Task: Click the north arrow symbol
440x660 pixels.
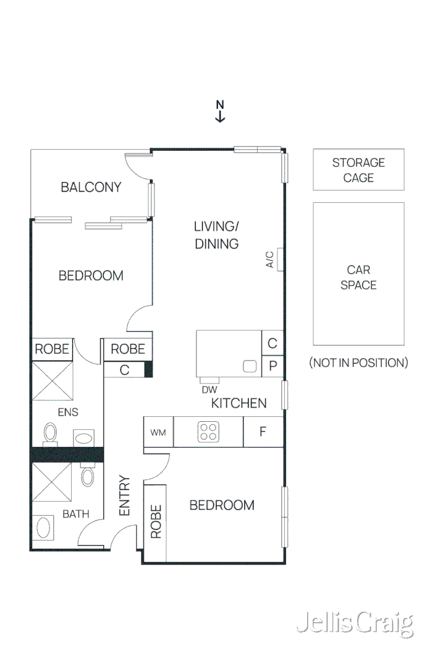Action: coord(220,111)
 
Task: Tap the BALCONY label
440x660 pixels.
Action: coord(91,187)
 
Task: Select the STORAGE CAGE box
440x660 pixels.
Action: coord(358,169)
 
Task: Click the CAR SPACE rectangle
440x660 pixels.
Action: coord(358,274)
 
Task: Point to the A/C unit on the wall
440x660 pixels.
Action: coord(280,259)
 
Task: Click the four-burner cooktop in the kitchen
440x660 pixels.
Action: coord(208,432)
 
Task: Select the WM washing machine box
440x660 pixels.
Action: coord(158,432)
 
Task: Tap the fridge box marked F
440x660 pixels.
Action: coord(263,432)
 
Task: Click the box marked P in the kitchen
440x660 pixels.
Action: coord(273,366)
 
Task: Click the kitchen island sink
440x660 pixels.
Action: coord(250,366)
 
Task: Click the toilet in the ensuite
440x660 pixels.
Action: coord(50,432)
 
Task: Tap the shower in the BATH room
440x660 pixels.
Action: coord(52,482)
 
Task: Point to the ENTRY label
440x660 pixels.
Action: coord(124,495)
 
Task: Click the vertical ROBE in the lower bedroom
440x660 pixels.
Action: coord(155,521)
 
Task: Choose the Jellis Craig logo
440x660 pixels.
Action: coord(354,624)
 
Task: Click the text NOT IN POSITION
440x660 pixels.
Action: coord(358,362)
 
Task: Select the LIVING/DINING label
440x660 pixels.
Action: coord(216,234)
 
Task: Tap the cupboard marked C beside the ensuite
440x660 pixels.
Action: coord(124,370)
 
